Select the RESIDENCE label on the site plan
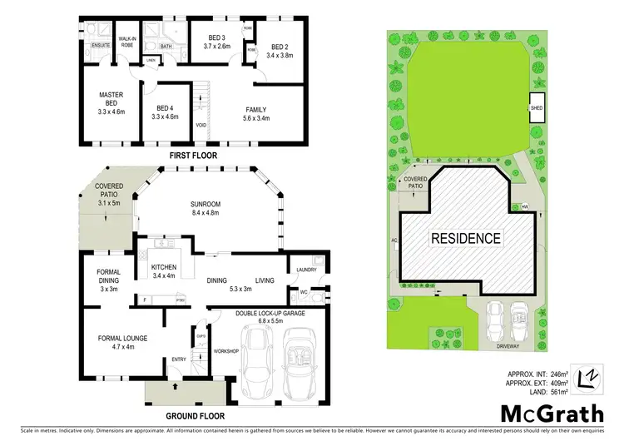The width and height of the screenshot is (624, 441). pos(466,238)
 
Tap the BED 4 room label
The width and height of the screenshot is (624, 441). pos(166,110)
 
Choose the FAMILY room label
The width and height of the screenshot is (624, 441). pos(255,110)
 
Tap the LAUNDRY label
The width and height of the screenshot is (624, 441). pos(305,270)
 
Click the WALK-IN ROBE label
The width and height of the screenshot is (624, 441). pos(127,41)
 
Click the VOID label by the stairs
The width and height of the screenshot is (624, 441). pos(201,126)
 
